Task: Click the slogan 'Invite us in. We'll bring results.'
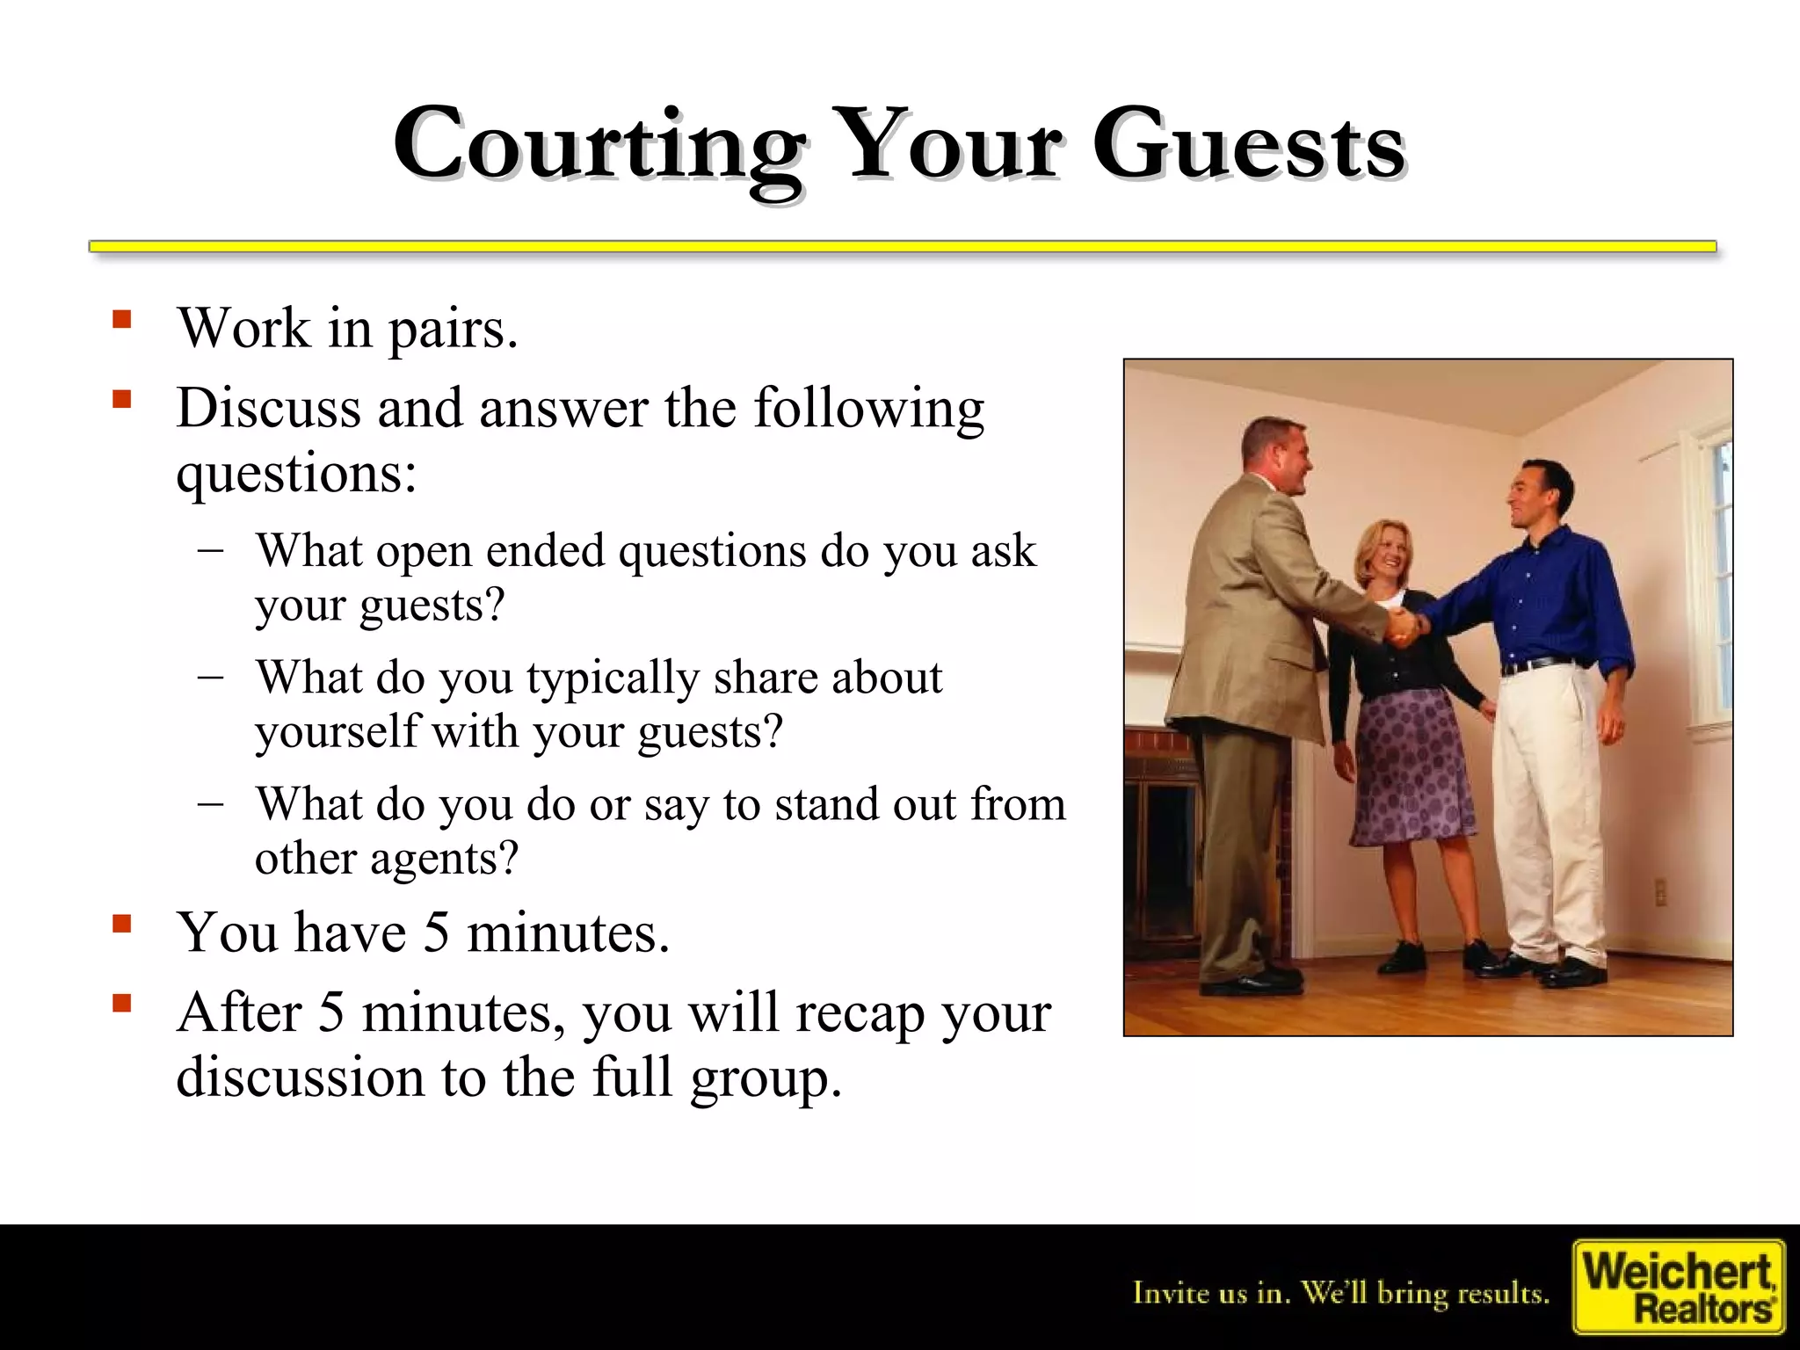point(1341,1293)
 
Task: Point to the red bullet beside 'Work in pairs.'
point(122,318)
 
